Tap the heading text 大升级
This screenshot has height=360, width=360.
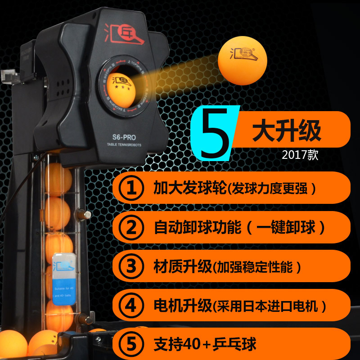(x=286, y=130)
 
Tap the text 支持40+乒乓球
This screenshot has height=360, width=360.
(x=204, y=344)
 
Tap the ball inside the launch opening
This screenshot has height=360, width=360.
(x=121, y=84)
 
